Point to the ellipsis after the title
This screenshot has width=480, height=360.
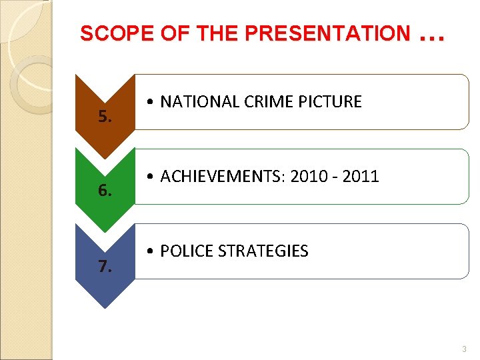pyautogui.click(x=432, y=37)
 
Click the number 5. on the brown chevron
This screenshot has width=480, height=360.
pyautogui.click(x=105, y=118)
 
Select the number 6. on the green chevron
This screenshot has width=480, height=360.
pyautogui.click(x=105, y=192)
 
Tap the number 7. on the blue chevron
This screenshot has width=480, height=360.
pyautogui.click(x=105, y=267)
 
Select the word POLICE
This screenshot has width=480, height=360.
pyautogui.click(x=183, y=251)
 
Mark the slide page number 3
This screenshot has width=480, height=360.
pyautogui.click(x=464, y=349)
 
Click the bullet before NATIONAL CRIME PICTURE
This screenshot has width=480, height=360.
pyautogui.click(x=153, y=103)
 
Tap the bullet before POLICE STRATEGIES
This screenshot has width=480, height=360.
pyautogui.click(x=153, y=252)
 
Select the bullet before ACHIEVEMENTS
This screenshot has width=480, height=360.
pyautogui.click(x=153, y=177)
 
